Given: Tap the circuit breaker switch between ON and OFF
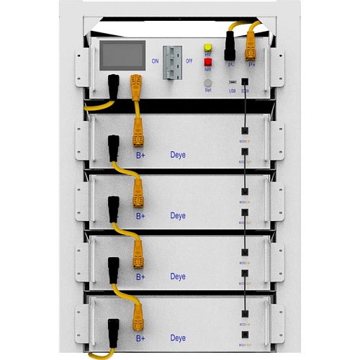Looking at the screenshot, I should [171, 60].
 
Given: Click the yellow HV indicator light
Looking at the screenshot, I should [207, 46].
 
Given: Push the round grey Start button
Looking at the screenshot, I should [207, 83].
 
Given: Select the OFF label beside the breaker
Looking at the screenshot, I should [189, 61].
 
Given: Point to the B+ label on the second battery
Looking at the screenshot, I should [140, 215].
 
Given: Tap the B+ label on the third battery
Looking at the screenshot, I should [140, 276].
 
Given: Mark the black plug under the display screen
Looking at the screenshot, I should [113, 84].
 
